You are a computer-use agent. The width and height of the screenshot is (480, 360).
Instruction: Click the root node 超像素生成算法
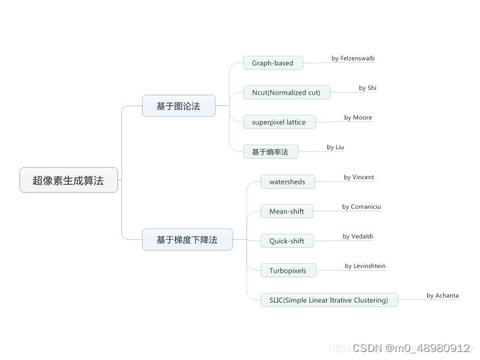click(69, 180)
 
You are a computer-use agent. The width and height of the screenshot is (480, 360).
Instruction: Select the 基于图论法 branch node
click(179, 106)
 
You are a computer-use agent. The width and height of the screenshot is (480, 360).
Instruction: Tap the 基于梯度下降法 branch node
click(187, 239)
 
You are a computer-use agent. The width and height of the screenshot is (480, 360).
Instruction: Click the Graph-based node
click(273, 63)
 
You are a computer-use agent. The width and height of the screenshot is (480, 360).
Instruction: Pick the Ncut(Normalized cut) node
click(286, 93)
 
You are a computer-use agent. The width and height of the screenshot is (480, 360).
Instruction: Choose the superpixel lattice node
click(279, 122)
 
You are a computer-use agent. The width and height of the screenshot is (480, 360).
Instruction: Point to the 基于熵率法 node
click(270, 152)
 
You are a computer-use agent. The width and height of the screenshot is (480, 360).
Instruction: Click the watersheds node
click(287, 181)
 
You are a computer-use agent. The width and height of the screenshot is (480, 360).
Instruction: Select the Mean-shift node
click(287, 211)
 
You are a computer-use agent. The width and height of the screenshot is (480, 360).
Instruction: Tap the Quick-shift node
click(287, 241)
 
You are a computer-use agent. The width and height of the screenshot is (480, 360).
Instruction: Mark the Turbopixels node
click(288, 271)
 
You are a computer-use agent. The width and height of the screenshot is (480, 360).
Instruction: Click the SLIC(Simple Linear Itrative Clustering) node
click(329, 300)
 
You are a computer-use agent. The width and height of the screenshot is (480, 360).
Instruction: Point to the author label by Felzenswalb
click(353, 59)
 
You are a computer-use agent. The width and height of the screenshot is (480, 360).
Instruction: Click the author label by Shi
click(367, 88)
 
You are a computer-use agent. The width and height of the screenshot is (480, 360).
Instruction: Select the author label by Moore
click(358, 118)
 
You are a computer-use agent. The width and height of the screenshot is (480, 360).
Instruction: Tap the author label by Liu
click(335, 147)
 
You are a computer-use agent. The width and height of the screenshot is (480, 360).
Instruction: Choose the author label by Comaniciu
click(361, 207)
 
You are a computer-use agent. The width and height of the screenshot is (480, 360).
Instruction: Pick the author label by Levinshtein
click(365, 266)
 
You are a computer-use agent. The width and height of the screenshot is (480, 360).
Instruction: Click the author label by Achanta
click(443, 295)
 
